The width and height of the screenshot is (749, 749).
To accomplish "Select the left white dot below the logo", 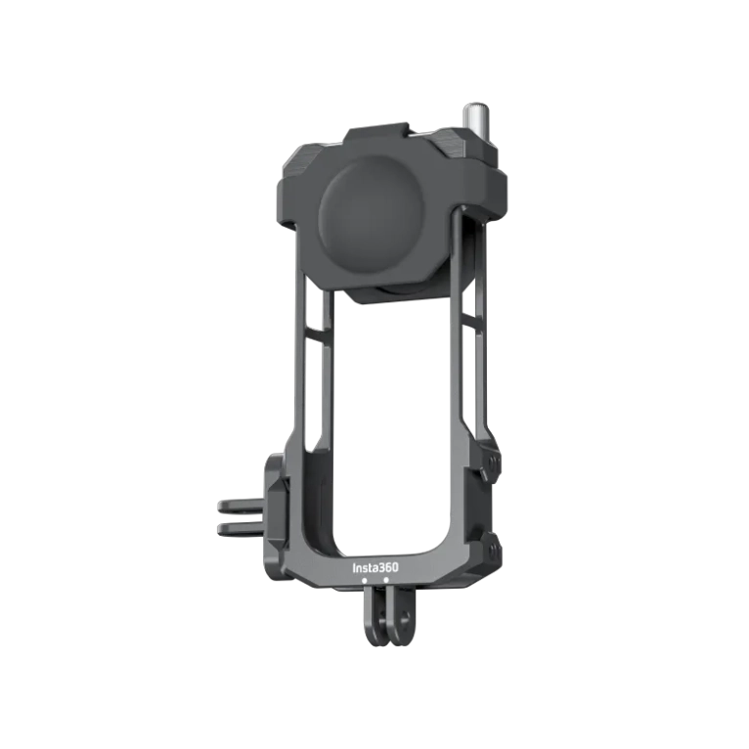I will pos(364,579).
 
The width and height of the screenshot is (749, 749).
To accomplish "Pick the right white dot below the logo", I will pos(386,579).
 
